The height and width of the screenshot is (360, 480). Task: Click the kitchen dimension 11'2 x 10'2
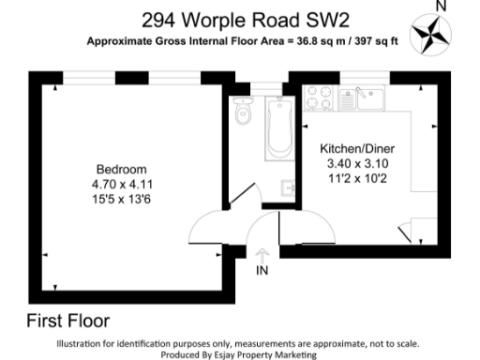click(x=355, y=177)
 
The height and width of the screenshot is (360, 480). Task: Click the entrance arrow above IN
click(x=262, y=254)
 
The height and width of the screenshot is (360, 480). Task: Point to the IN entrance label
click(x=262, y=272)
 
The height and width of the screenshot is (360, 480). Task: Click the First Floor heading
click(x=68, y=319)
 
